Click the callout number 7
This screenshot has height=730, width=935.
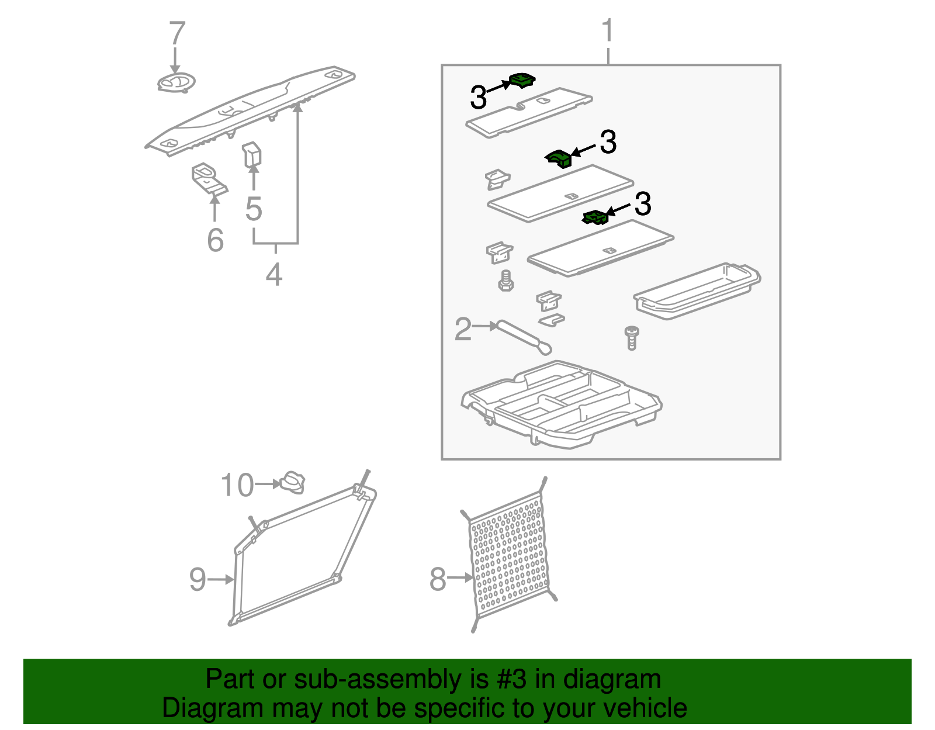(177, 34)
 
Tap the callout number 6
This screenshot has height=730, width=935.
(215, 240)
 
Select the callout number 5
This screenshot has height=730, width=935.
(254, 209)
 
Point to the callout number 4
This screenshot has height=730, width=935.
(274, 274)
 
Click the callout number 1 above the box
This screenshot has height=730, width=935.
(608, 30)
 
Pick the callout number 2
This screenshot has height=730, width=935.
(463, 330)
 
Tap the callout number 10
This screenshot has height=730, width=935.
(237, 485)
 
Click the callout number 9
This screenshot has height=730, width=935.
(198, 579)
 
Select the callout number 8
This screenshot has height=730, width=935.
(438, 579)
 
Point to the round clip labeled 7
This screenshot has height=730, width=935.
(176, 83)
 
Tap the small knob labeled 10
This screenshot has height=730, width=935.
(293, 483)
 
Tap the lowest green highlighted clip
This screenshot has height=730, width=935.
(595, 217)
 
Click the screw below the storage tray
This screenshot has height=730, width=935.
(632, 338)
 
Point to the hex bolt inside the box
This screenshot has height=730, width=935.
(505, 281)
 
